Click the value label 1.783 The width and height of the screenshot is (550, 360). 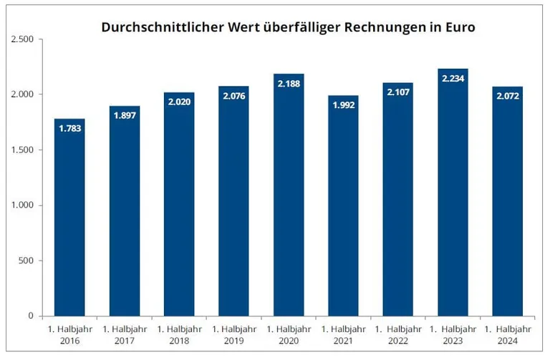pyautogui.click(x=69, y=130)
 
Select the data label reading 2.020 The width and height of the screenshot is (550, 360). pyautogui.click(x=179, y=103)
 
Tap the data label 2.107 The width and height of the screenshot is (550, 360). pyautogui.click(x=398, y=93)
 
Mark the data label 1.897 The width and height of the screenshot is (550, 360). pyautogui.click(x=125, y=117)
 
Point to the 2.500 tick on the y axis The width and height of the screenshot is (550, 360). pyautogui.click(x=22, y=39)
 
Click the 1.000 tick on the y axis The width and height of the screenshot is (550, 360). pyautogui.click(x=22, y=205)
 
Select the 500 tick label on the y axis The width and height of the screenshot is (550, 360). pyautogui.click(x=26, y=261)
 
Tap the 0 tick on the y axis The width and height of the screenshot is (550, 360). pyautogui.click(x=31, y=316)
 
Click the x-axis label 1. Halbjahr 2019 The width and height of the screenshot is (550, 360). pyautogui.click(x=233, y=334)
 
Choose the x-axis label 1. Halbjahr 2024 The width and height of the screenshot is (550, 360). pyautogui.click(x=507, y=334)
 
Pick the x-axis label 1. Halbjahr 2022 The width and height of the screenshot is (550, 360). pyautogui.click(x=398, y=334)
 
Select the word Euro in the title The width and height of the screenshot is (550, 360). pyautogui.click(x=459, y=27)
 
